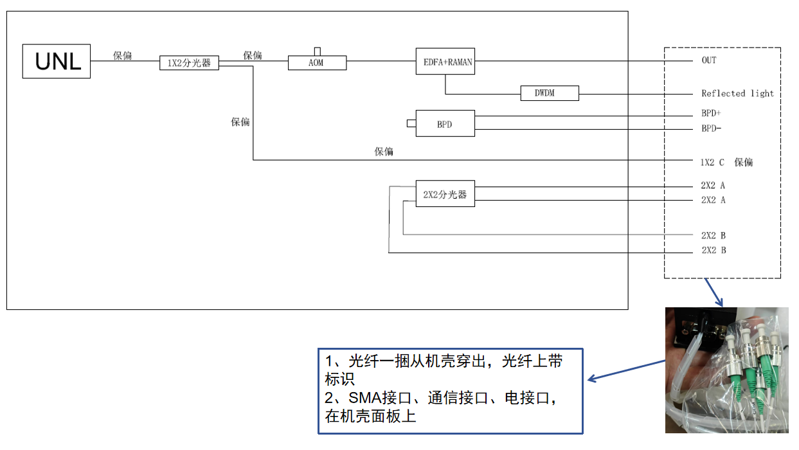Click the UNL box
coord(57,61)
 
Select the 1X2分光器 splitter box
coord(189,63)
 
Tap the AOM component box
coord(316,63)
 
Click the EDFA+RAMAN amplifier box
coord(445,61)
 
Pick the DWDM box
coord(550,93)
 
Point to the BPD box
coord(445,123)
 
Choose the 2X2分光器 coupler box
coord(445,194)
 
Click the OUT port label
coord(708,60)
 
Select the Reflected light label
coord(737,93)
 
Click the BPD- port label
coord(711,129)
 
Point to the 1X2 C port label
coord(712,163)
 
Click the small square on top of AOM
coord(317,51)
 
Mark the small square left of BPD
coord(411,123)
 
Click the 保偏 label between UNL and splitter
coord(122,55)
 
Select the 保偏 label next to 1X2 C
coord(744,163)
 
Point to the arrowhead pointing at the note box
coord(591,379)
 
